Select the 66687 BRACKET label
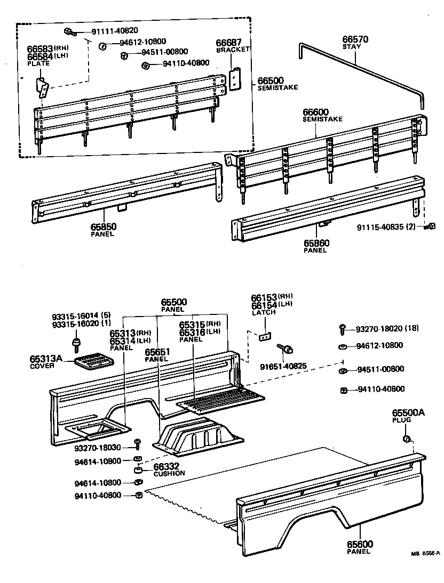click(x=232, y=45)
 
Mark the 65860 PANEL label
click(x=316, y=246)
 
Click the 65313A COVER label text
click(x=45, y=362)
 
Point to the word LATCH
click(x=264, y=312)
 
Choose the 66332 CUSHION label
click(x=169, y=469)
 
